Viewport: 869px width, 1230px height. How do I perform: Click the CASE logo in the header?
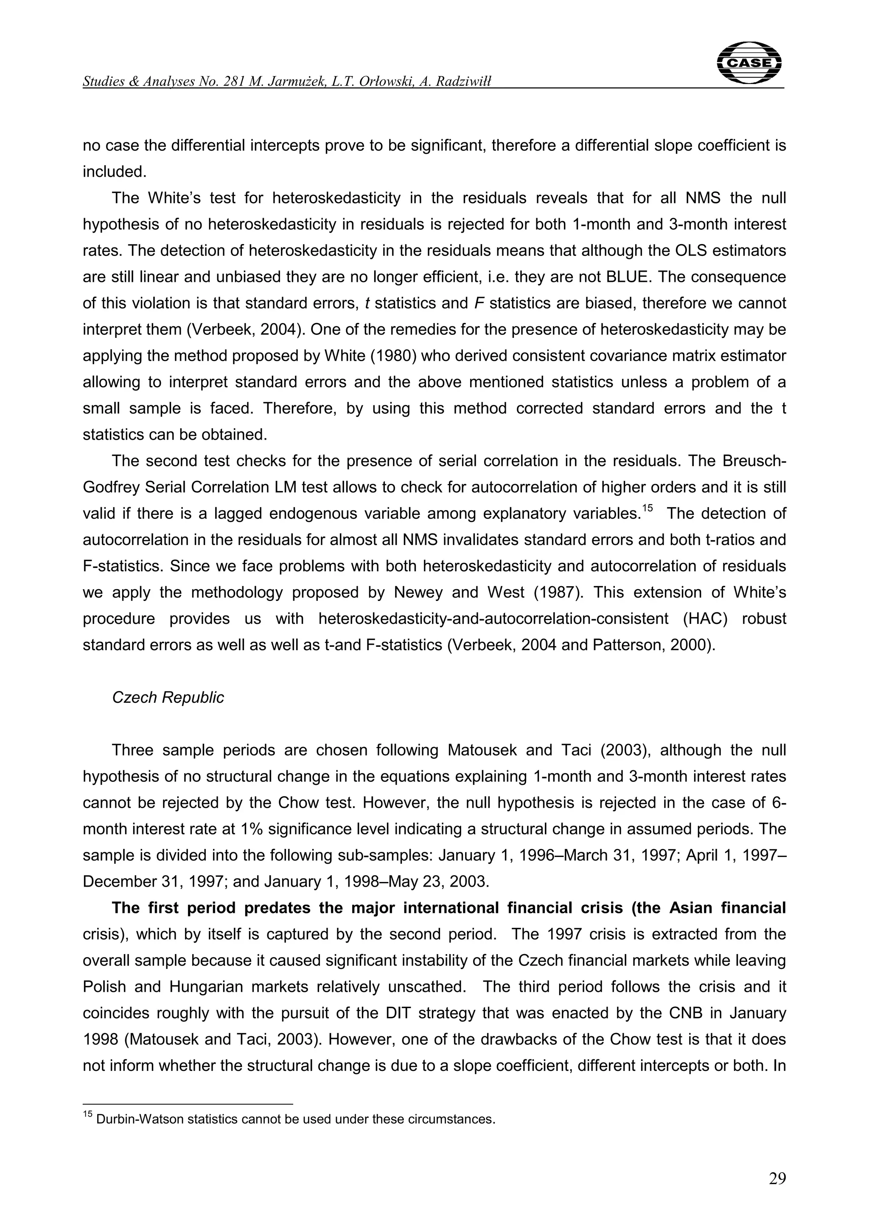tap(748, 63)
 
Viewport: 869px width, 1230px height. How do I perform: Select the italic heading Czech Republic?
tap(168, 697)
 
